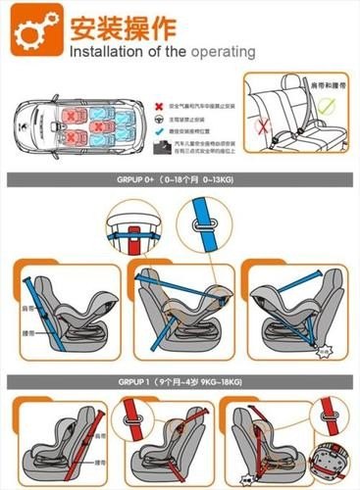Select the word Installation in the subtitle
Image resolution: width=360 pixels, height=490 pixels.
click(x=109, y=50)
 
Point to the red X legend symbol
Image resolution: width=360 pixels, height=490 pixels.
click(x=159, y=103)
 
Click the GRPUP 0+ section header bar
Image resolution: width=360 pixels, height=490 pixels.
click(x=180, y=182)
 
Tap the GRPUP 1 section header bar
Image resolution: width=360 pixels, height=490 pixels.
click(x=180, y=379)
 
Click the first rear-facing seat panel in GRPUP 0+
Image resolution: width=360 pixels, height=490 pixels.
click(x=64, y=308)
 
